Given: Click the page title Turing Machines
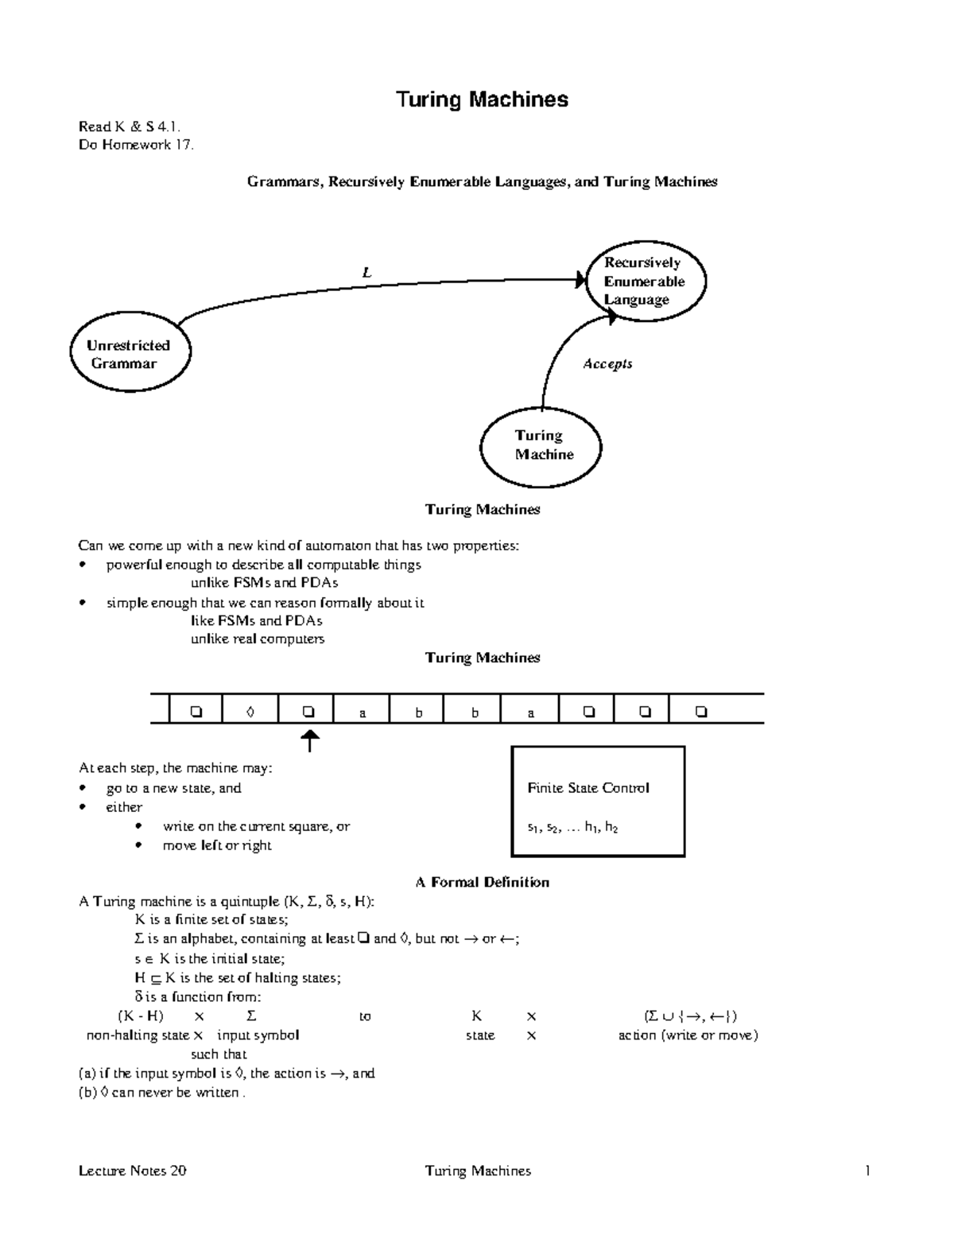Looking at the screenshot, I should click(482, 100).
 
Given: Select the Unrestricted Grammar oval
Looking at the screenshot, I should click(130, 355).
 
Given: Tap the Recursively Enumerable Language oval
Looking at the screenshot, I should click(645, 282).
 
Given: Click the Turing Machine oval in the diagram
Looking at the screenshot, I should click(541, 445).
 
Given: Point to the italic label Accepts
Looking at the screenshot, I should click(607, 364).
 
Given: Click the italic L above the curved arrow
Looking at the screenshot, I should click(366, 273).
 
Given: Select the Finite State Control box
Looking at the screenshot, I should click(598, 801).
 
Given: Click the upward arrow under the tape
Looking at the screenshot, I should click(309, 741).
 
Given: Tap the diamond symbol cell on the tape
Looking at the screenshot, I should click(250, 713).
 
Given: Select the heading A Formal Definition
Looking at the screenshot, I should click(482, 882).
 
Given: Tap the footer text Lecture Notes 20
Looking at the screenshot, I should click(133, 1171).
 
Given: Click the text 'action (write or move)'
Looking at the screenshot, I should click(688, 1035).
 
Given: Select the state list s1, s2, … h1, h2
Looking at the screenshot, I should click(572, 828).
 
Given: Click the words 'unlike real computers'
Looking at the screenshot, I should click(257, 639).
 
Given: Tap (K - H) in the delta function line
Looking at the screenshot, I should click(141, 1016).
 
